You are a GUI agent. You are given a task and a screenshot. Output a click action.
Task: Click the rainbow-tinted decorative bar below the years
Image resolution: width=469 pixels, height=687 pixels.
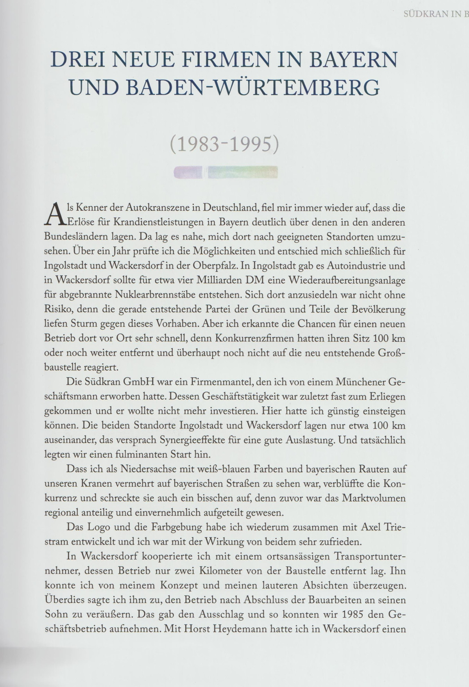226,172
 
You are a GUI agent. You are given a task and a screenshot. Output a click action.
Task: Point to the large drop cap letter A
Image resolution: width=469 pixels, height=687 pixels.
54,214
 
